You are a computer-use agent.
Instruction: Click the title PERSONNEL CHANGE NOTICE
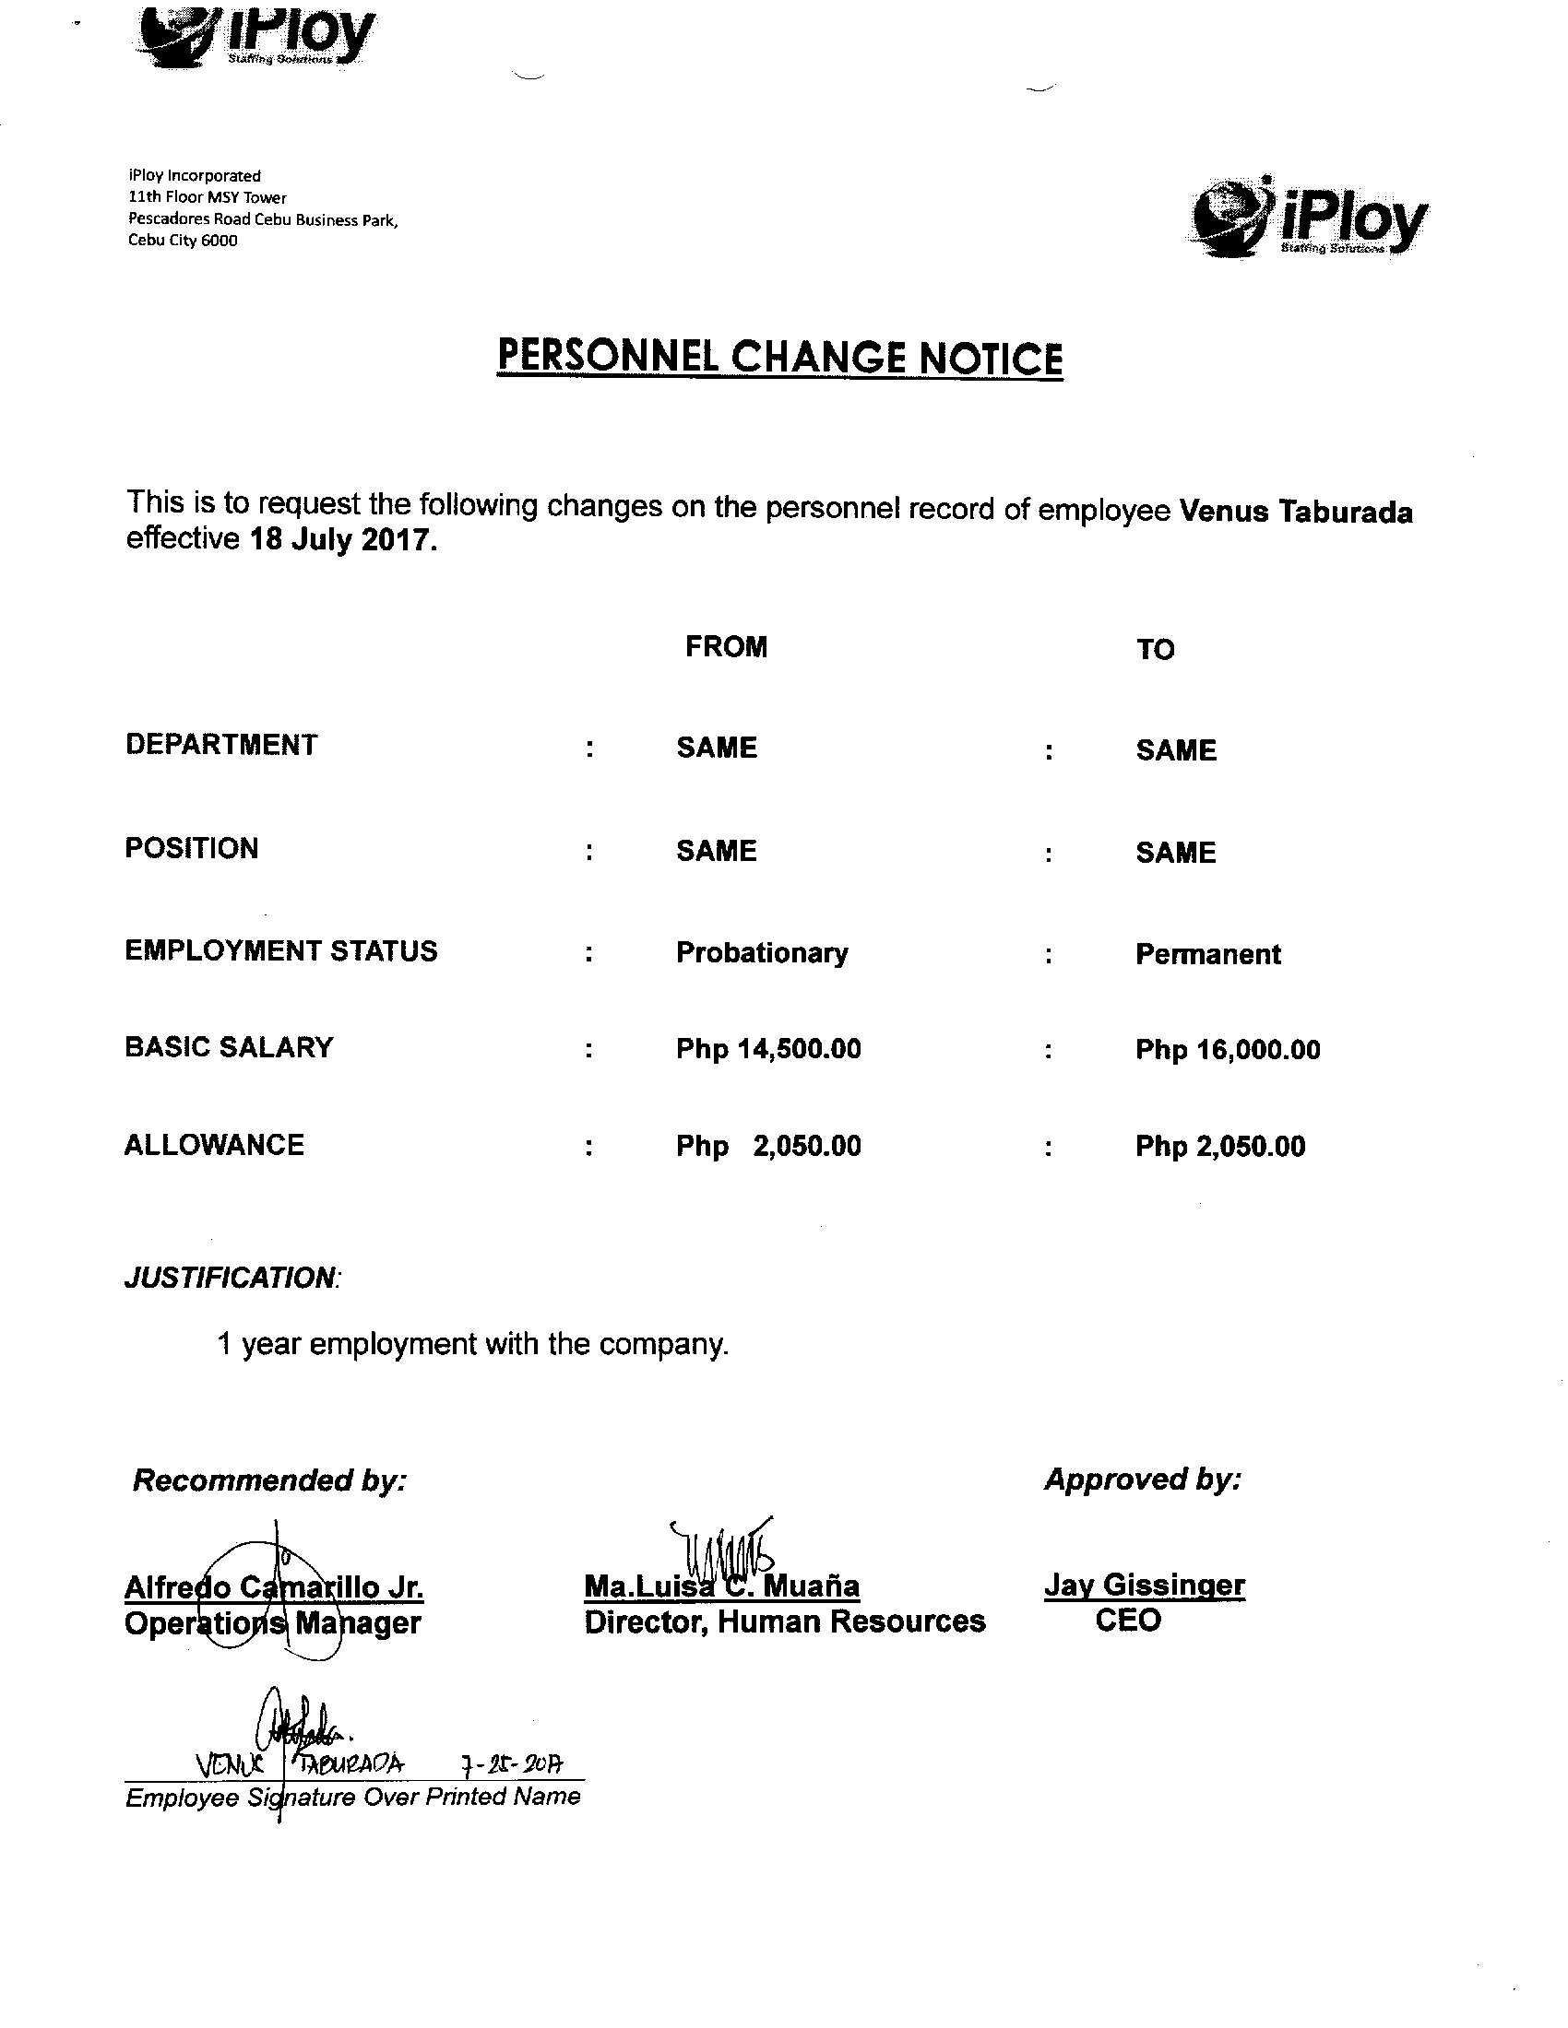tap(779, 358)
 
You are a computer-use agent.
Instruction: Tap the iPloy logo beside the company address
tap(1309, 218)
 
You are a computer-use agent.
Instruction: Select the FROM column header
tap(726, 647)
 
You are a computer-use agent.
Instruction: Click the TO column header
tap(1155, 650)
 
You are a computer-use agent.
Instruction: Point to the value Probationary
tap(762, 954)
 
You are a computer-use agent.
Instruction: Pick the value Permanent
tap(1207, 955)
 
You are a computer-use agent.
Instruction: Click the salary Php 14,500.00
tap(768, 1049)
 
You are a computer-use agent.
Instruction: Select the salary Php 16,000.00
tap(1227, 1050)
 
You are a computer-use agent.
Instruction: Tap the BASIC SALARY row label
tap(229, 1047)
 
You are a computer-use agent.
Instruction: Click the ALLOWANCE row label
tap(214, 1145)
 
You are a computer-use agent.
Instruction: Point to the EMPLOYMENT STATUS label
tap(280, 951)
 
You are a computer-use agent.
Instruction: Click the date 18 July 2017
tap(343, 540)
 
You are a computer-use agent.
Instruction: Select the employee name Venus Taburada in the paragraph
tap(1296, 512)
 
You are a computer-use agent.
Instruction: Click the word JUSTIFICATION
tap(231, 1278)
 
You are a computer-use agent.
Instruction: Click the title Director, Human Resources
tap(784, 1621)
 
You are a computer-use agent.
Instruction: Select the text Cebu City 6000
tap(183, 241)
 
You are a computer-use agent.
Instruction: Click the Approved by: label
tap(1143, 1480)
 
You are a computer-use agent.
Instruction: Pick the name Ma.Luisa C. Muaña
tap(721, 1586)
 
